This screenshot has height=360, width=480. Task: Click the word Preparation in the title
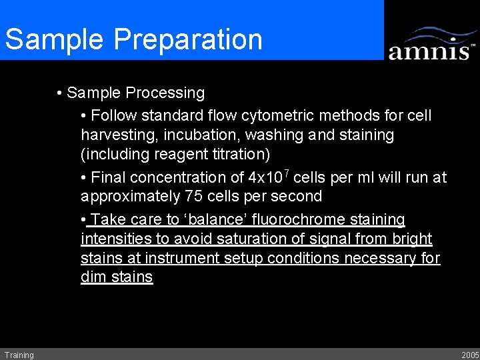tap(189, 39)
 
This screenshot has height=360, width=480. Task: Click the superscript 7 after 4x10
tap(285, 173)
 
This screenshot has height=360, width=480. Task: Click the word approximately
tap(130, 197)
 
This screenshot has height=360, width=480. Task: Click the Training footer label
tap(19, 355)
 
